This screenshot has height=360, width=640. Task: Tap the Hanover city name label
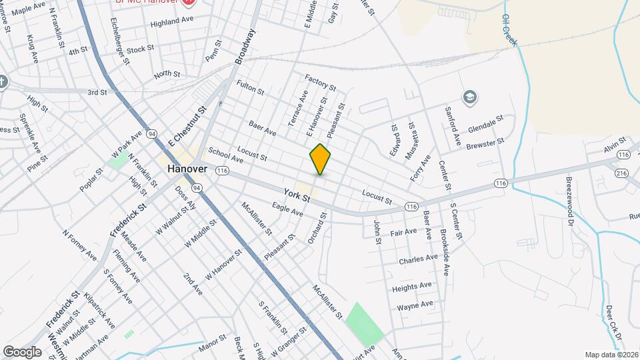187,169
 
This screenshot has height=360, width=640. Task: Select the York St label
297,195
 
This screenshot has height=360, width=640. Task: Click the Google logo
22,351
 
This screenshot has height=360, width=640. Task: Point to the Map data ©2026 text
611,355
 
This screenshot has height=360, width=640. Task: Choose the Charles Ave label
417,259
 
